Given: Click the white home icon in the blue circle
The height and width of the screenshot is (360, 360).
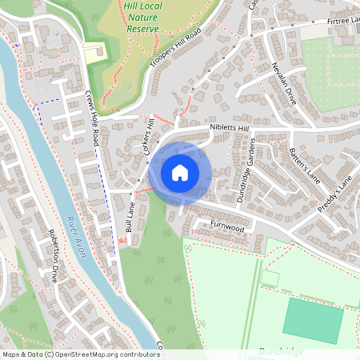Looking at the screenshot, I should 179,172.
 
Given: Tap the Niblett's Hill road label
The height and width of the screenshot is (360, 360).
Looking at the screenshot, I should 230,127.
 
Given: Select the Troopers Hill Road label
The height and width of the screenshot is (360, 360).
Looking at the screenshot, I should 176,50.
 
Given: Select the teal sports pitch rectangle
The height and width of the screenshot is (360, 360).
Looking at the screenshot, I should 313,320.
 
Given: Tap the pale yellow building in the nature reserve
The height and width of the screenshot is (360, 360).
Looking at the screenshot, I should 94,53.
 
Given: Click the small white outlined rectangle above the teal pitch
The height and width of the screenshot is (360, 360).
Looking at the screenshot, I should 270,278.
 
